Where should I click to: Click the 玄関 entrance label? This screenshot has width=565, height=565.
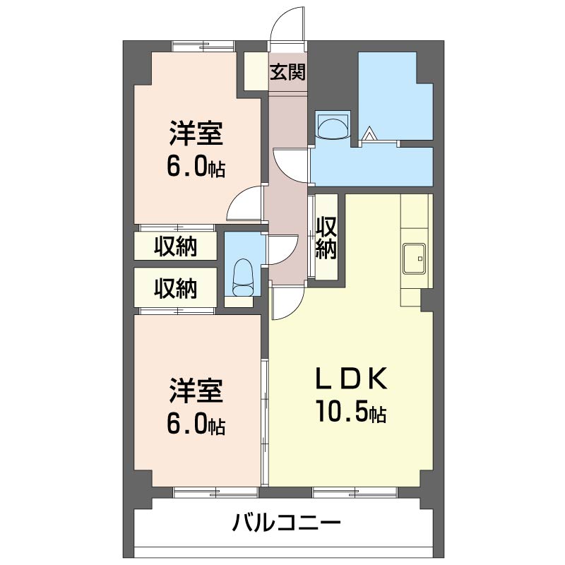(287, 72)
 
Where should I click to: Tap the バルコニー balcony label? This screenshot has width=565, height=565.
(287, 524)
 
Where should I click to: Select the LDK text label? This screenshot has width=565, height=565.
(350, 380)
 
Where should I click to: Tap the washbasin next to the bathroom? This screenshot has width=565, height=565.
(332, 126)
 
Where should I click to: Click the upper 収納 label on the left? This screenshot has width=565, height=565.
(175, 246)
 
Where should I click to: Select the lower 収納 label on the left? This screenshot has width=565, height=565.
(175, 288)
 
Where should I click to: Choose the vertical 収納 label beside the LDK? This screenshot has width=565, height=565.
(326, 237)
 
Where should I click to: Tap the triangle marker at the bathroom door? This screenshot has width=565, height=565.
(369, 133)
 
